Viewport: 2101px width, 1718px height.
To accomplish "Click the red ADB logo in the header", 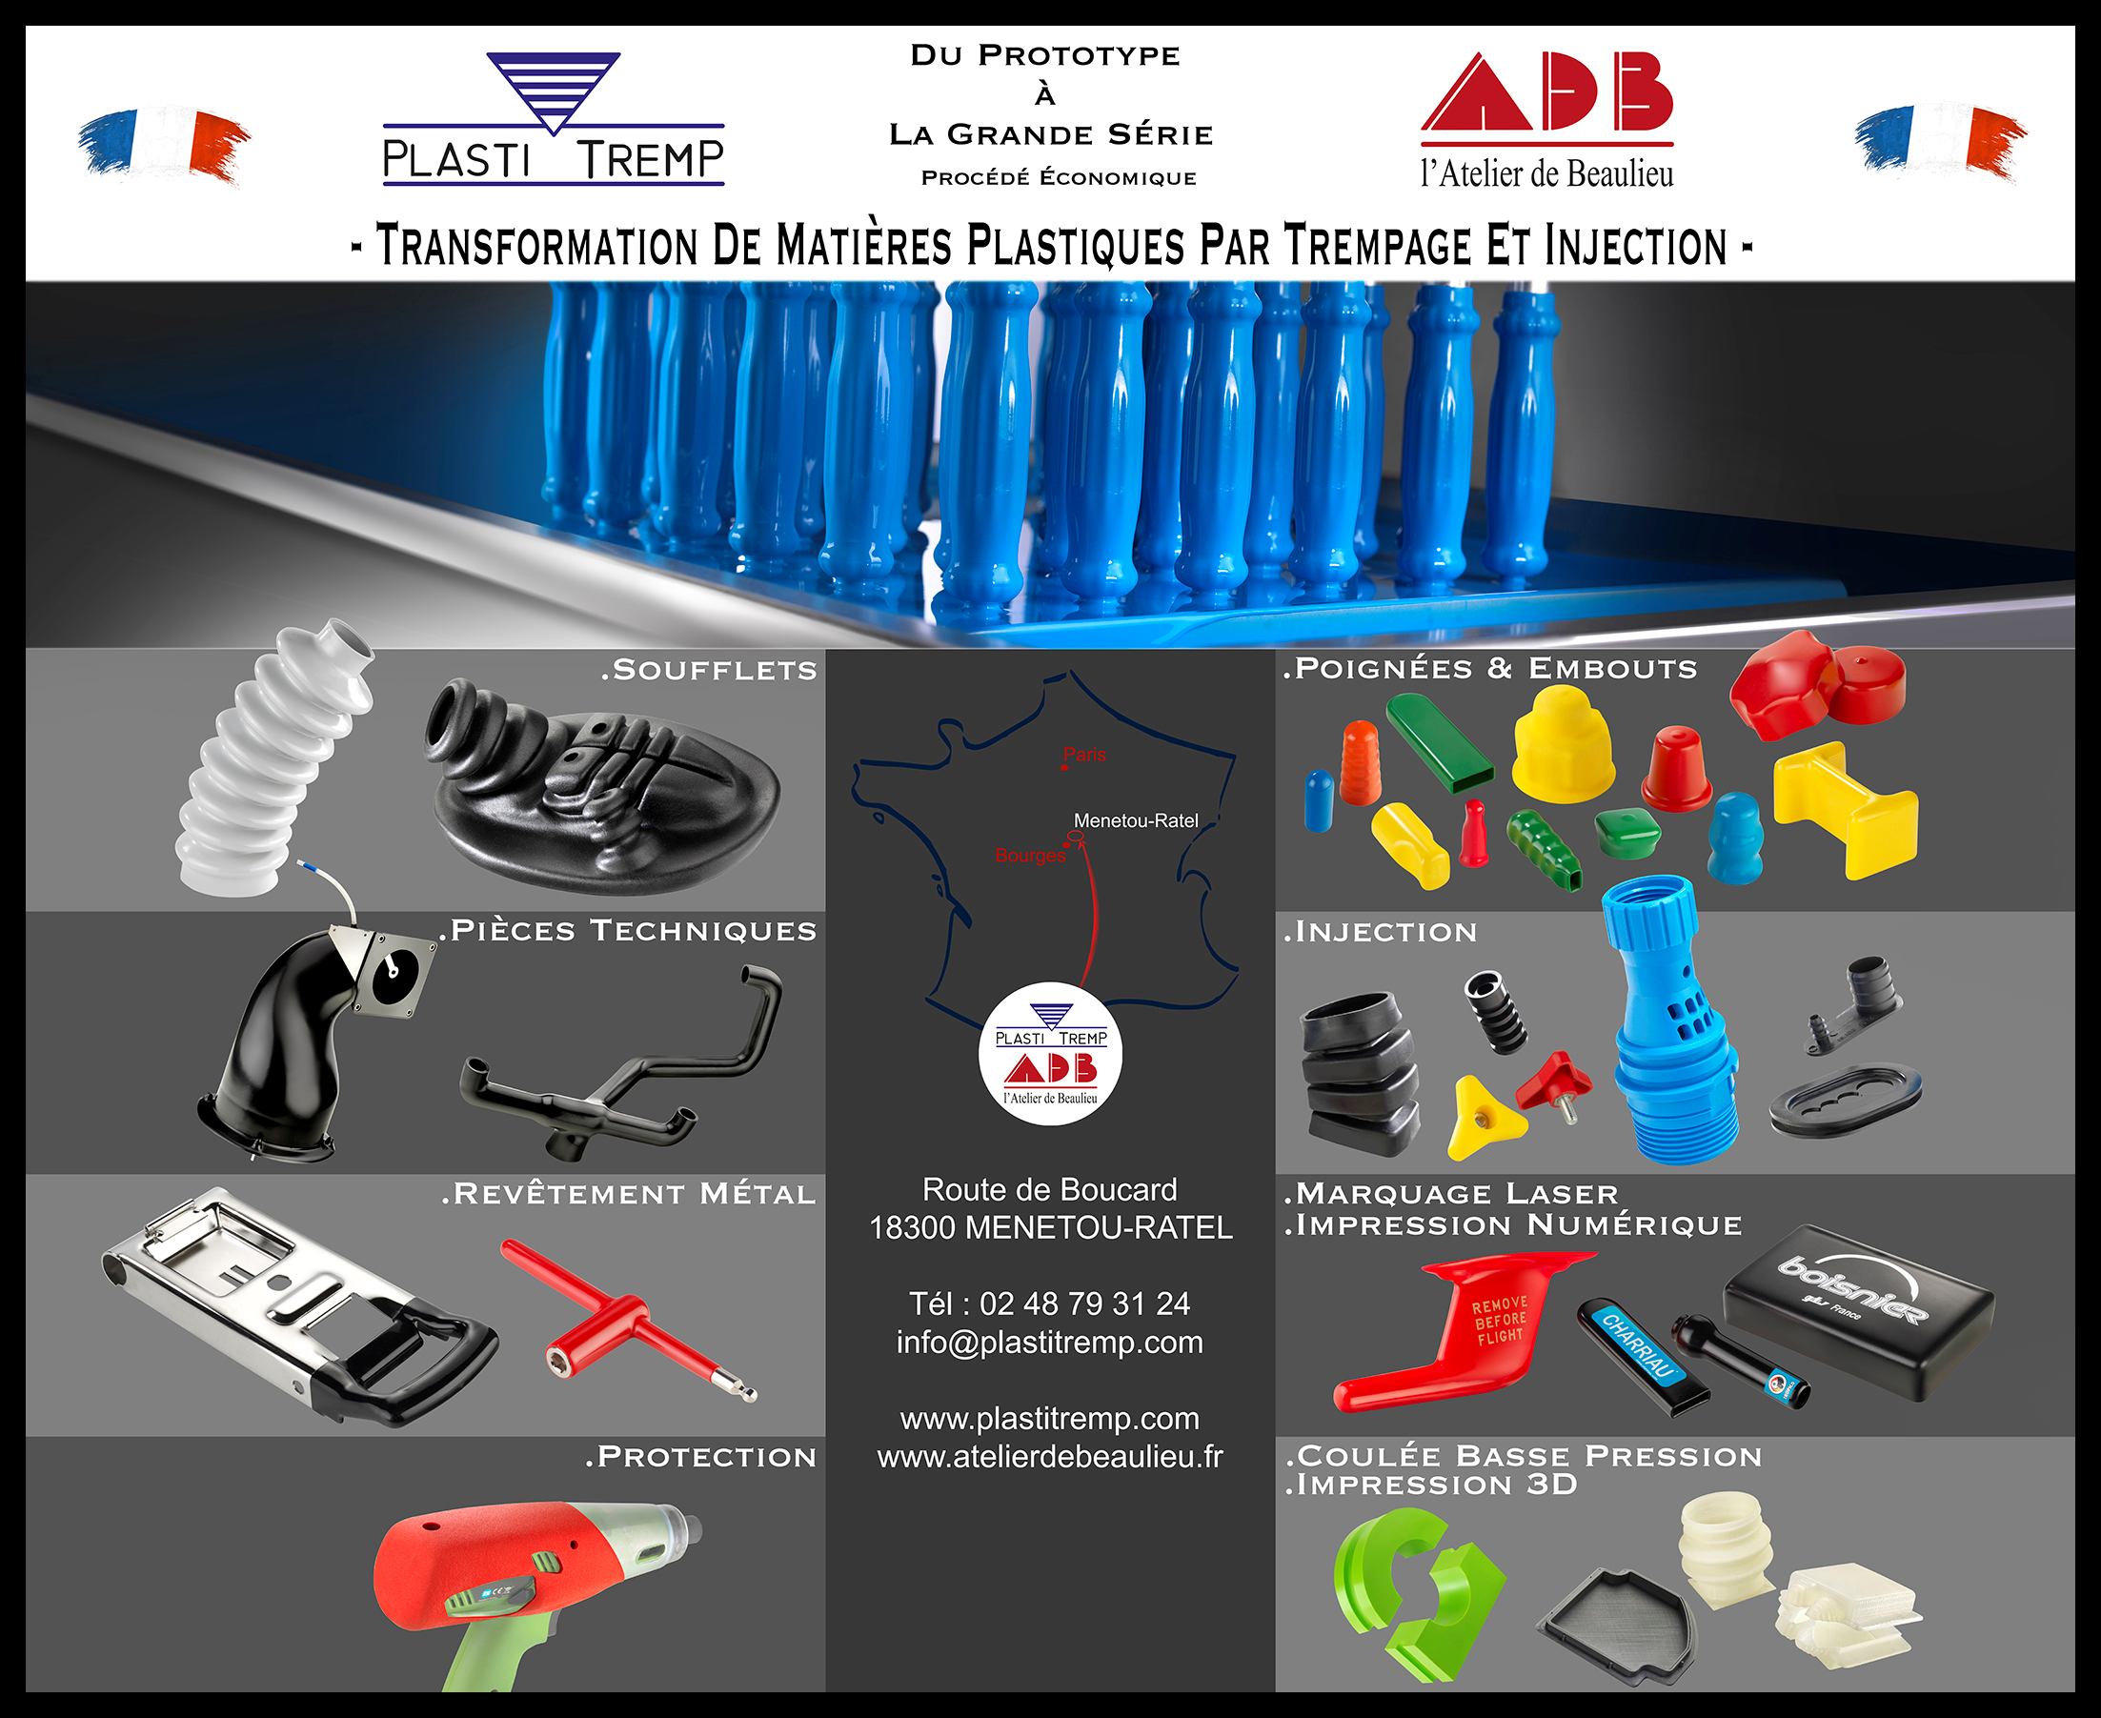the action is click(1546, 120).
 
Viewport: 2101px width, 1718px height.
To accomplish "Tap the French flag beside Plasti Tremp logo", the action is click(164, 145).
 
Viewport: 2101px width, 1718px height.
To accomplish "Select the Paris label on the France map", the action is click(1084, 754).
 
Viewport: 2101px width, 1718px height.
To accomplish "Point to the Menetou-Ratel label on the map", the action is click(1135, 820).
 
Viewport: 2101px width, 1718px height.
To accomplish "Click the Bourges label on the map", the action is click(1030, 855).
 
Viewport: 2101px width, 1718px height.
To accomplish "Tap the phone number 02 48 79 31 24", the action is click(1084, 1304).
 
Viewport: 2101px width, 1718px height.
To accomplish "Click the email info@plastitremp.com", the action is click(1050, 1342).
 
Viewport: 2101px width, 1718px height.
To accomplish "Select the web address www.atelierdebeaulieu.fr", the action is click(1050, 1457).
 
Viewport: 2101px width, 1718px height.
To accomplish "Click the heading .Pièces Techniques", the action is click(629, 930).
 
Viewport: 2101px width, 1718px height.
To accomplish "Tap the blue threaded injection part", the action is click(1670, 1020).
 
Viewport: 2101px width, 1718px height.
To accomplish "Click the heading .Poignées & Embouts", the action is click(1490, 669).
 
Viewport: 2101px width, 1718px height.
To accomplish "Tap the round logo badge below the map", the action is click(1050, 1053).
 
